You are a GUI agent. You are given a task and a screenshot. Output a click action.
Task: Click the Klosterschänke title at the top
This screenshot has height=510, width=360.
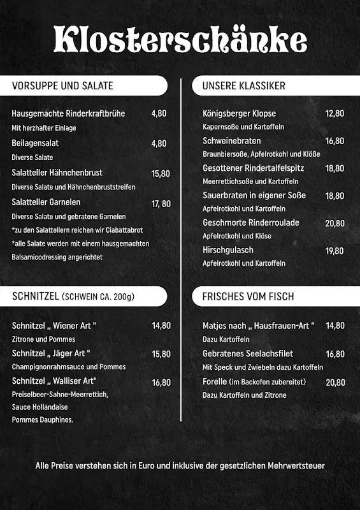click(180, 40)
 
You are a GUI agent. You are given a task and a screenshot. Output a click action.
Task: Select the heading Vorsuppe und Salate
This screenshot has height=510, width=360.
click(62, 85)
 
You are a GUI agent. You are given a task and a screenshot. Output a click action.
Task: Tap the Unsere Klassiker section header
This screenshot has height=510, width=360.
click(243, 85)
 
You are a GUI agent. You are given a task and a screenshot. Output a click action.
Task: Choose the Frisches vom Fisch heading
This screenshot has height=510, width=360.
click(248, 296)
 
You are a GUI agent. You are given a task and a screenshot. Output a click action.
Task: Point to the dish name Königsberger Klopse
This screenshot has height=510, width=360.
click(239, 113)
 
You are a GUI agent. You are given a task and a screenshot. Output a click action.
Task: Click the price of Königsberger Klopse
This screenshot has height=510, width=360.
click(335, 113)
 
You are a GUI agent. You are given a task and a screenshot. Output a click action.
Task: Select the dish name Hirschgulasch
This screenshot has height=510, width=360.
click(228, 250)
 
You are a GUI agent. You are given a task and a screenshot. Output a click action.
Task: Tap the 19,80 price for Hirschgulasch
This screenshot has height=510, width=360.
click(335, 251)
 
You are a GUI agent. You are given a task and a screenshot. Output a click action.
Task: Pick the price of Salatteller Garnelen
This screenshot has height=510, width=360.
click(161, 204)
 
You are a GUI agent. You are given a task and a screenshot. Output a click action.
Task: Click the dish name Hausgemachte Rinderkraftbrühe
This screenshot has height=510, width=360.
click(68, 113)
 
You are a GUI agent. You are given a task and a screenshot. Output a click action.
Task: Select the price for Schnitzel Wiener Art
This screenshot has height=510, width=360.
click(161, 326)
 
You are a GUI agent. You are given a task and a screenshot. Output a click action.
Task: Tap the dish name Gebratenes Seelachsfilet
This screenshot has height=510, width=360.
click(247, 354)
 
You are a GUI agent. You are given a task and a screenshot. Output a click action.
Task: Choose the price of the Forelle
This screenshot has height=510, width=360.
click(335, 382)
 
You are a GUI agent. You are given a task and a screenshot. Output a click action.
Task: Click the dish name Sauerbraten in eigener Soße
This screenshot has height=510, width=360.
click(254, 195)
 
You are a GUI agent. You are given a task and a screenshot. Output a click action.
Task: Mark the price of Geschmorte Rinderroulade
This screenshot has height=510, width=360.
click(335, 224)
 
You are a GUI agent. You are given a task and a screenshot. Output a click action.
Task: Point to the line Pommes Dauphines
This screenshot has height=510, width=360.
click(42, 419)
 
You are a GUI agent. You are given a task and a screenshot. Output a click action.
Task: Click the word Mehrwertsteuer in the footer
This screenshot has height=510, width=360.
click(296, 465)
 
